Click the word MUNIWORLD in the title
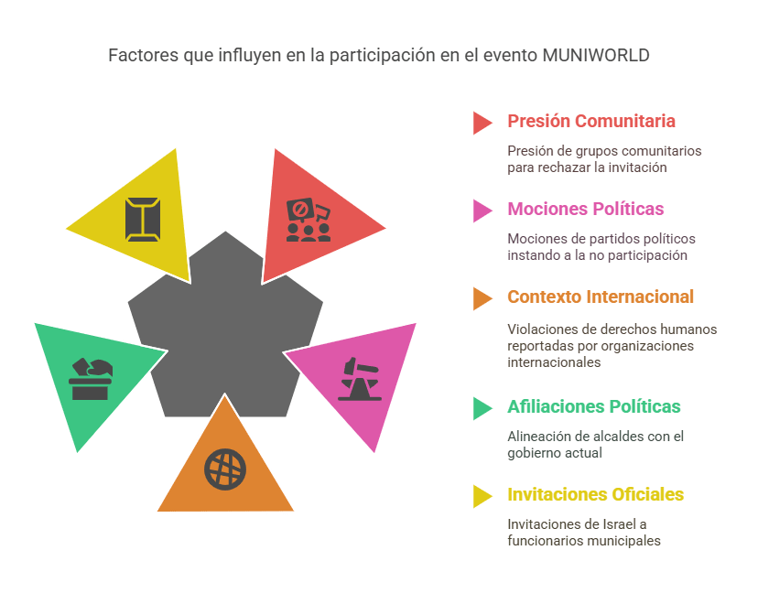point(596,55)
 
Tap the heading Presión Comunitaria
point(591,121)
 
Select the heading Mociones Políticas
point(585,209)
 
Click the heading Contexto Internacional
point(601,297)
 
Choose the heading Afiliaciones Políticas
point(593,406)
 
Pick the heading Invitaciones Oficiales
point(596,494)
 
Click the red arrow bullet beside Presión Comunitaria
point(482,123)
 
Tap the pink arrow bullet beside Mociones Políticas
point(482,210)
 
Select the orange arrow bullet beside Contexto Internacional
point(482,298)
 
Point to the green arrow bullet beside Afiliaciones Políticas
point(482,408)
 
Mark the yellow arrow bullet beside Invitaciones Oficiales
point(482,496)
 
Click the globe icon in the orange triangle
point(225,469)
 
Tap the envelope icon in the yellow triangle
point(143,220)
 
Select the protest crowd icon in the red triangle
point(309,221)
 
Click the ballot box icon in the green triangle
point(91,379)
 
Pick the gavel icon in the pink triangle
point(360,379)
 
